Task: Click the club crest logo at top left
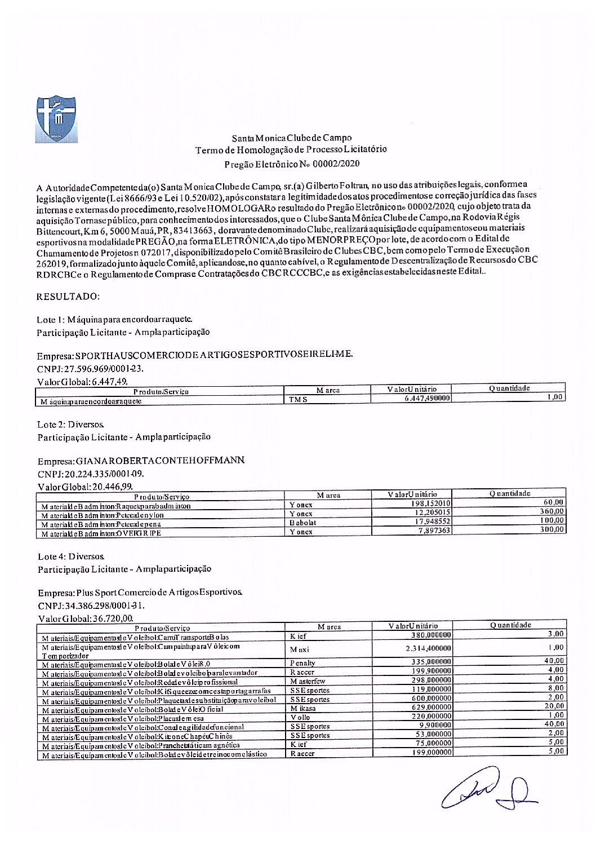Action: pos(56,119)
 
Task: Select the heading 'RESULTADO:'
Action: pos(68,297)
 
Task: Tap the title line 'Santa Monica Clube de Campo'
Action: pos(291,138)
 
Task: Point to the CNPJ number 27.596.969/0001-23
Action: pos(90,369)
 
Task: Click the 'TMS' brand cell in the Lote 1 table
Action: pos(299,400)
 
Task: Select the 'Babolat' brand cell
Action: pos(303,523)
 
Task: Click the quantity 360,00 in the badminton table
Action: pos(551,511)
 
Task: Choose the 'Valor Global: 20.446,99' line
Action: pos(86,487)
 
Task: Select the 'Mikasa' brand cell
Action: pos(303,708)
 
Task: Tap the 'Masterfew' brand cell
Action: pos(308,681)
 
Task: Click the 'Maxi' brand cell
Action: pos(300,649)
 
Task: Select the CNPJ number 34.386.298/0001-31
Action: pos(91,606)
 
